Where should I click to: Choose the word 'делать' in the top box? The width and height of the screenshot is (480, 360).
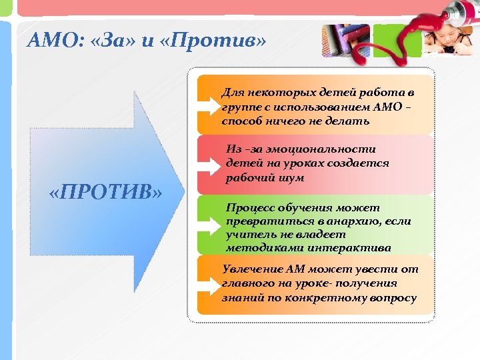(350, 121)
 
